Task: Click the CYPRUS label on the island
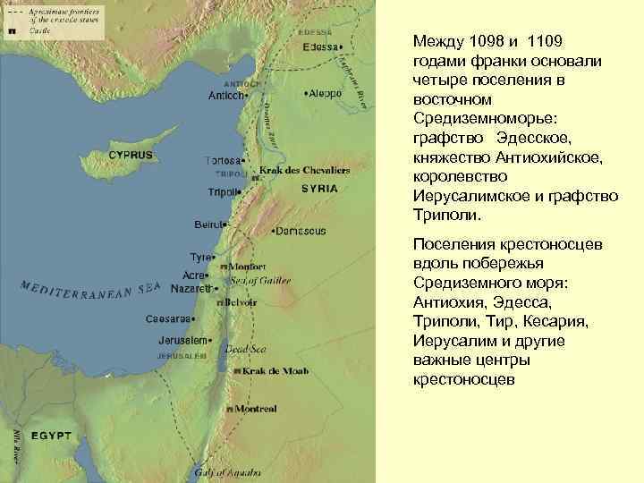point(131,155)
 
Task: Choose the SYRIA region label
point(319,189)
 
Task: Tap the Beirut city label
point(211,224)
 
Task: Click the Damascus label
point(301,231)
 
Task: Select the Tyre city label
point(200,257)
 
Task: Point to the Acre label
point(194,275)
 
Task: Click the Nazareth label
point(191,289)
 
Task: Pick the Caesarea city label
point(170,319)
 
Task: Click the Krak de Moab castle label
point(272,370)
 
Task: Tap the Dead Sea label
point(242,350)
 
